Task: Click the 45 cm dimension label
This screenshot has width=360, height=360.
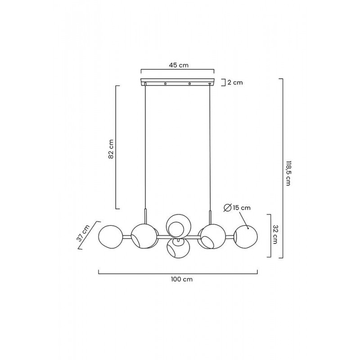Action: point(179,65)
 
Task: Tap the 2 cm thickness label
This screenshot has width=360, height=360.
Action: point(235,82)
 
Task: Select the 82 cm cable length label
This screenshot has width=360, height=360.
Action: point(111,149)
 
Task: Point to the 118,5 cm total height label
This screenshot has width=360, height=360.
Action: point(288,173)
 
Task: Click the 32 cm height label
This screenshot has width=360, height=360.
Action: point(275,234)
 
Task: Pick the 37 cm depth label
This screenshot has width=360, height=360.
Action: point(83,233)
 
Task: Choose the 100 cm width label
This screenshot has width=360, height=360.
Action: point(182,279)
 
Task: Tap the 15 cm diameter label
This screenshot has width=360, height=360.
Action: point(242,208)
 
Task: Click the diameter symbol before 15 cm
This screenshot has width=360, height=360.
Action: point(227,208)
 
